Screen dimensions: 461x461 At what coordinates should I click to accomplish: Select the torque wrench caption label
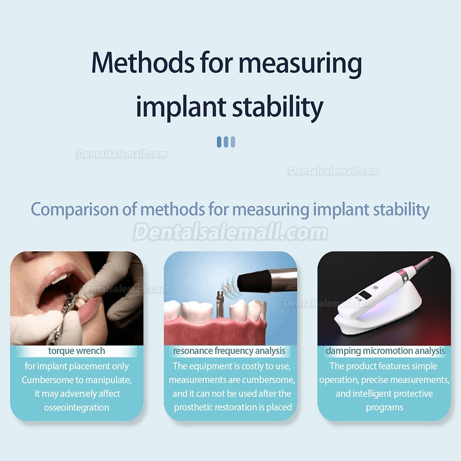click(x=77, y=351)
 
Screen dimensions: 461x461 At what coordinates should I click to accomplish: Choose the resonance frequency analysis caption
click(x=229, y=351)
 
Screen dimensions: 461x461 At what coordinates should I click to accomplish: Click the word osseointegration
click(x=77, y=408)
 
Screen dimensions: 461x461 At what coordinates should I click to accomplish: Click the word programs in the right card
click(x=384, y=408)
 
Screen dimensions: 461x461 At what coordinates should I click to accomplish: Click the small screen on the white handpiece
click(x=366, y=296)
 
